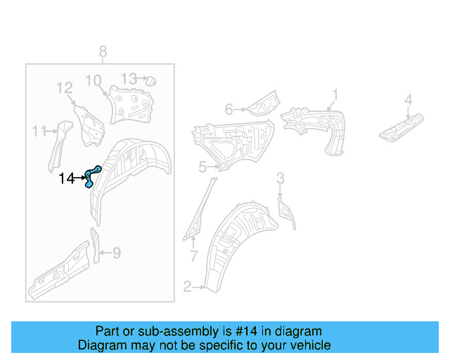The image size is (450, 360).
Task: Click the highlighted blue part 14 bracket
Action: (x=91, y=176)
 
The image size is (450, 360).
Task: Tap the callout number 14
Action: (x=66, y=179)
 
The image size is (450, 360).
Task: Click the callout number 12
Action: (x=65, y=88)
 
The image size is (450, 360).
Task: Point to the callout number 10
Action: (x=94, y=80)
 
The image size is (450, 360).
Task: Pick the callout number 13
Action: (x=129, y=78)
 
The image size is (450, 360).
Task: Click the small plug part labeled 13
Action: (x=149, y=82)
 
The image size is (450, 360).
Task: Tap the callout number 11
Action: (x=39, y=131)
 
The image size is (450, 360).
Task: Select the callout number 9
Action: (x=117, y=252)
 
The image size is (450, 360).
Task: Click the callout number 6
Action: (x=229, y=109)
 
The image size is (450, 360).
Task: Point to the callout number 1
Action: (x=335, y=94)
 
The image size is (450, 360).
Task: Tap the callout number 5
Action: (x=202, y=167)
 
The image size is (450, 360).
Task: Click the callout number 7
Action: (x=194, y=255)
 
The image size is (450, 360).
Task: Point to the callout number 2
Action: (x=187, y=286)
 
